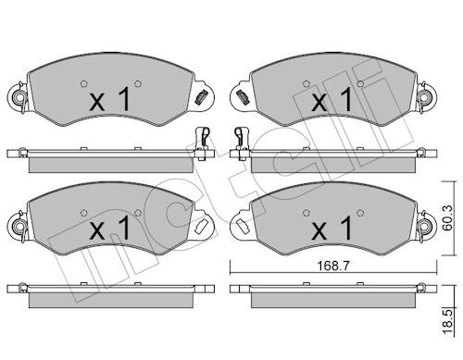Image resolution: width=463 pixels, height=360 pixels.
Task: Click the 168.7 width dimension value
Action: point(333,266)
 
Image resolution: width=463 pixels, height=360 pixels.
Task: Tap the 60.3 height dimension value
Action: point(447,217)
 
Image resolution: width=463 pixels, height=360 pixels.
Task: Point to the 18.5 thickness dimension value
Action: point(447,322)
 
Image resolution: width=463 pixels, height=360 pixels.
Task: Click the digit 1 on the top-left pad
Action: point(124,98)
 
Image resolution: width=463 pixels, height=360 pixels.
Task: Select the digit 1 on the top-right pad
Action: point(347,98)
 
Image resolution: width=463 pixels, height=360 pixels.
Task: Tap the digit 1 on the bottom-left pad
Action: point(124,228)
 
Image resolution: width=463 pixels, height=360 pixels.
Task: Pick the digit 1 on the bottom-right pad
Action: point(347,228)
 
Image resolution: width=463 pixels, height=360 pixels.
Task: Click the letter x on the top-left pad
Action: point(97,103)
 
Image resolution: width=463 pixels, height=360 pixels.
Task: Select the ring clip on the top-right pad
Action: point(426,98)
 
